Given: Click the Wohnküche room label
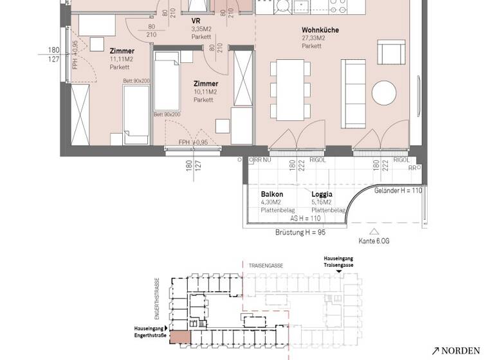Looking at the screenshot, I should coord(320,30).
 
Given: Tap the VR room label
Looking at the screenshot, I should coord(196,21).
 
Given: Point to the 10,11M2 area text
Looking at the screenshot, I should coord(206,92).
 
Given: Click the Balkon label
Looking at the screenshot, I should coord(271,194).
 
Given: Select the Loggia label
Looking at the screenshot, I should coord(322,194).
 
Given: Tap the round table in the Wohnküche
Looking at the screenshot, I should coord(385,93).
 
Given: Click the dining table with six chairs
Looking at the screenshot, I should coord(288,89).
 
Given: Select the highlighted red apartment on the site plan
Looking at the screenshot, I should coord(180,337).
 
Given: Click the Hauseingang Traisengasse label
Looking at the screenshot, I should coord(338,262).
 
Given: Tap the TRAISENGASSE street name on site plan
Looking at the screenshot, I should coord(268,264).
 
